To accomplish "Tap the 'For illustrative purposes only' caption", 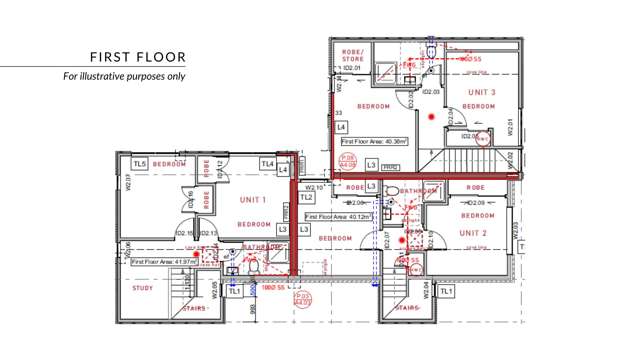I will click(124, 76).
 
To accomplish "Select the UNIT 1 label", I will click(252, 200).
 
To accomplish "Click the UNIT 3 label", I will click(478, 92).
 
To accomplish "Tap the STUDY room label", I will click(143, 289).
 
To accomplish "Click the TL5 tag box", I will click(140, 164).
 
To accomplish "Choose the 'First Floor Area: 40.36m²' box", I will click(375, 142).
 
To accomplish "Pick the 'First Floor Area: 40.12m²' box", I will click(339, 215).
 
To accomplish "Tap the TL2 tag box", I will click(307, 198).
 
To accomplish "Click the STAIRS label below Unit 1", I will click(195, 309).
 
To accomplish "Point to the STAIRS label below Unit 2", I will click(406, 309).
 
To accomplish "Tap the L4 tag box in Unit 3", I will click(341, 127).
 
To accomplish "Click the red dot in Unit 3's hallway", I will click(432, 117).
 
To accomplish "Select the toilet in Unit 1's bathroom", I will click(252, 267).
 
